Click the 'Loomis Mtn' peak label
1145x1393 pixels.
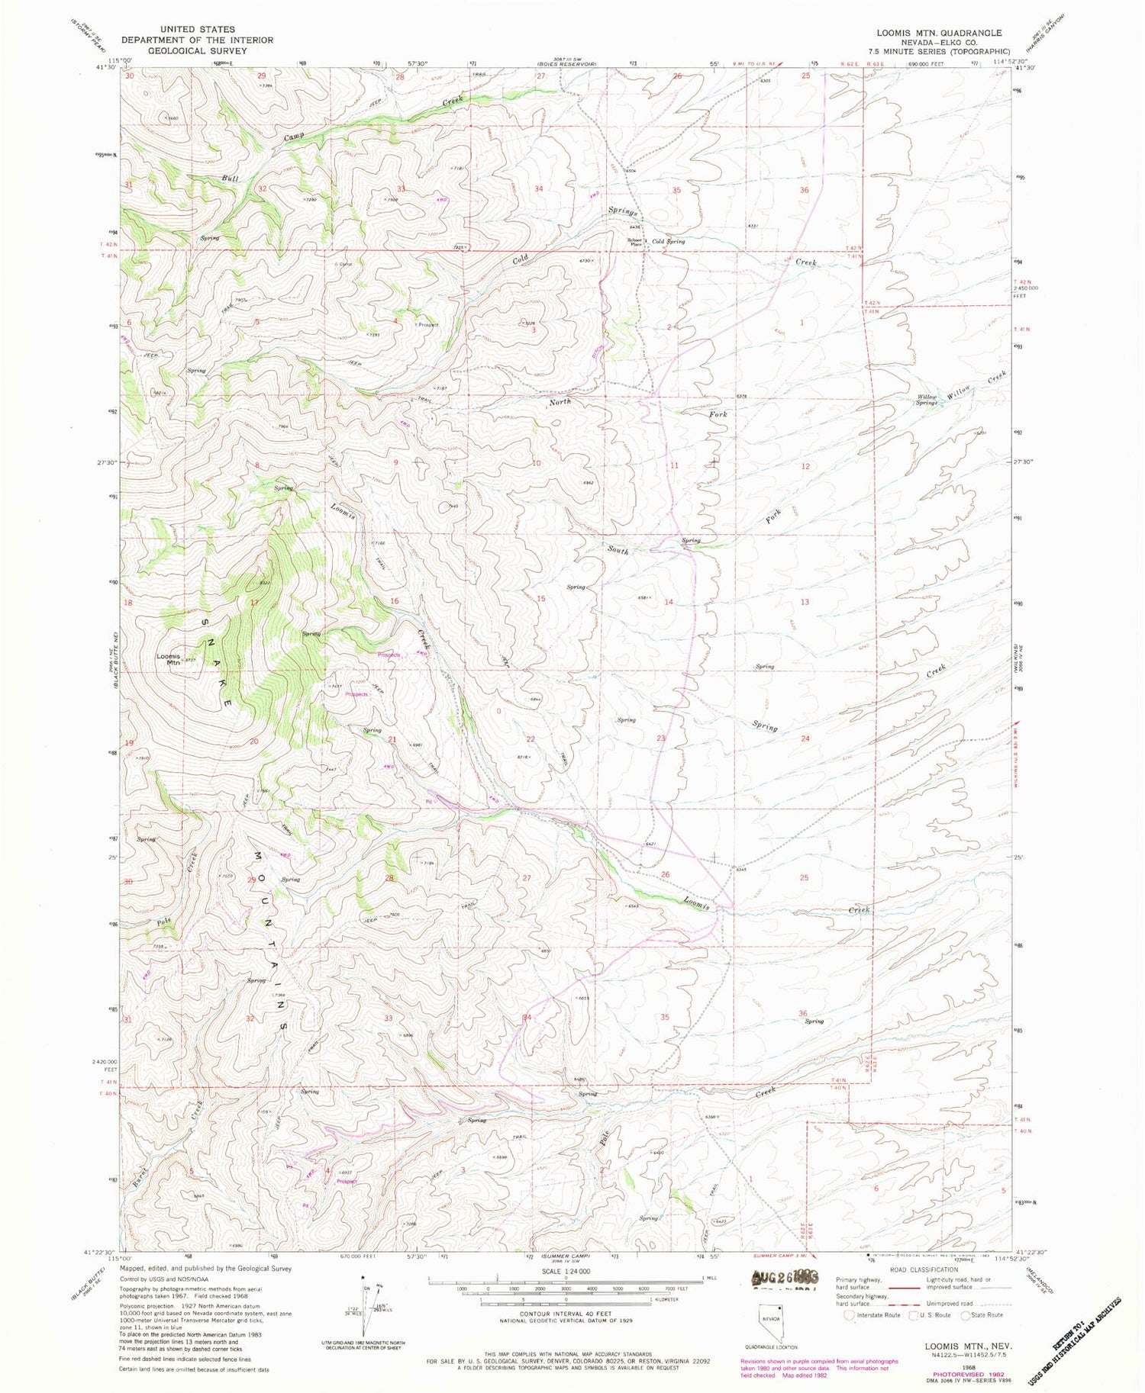(x=169, y=659)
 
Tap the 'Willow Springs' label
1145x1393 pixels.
(x=927, y=400)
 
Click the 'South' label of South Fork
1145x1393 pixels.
(x=618, y=549)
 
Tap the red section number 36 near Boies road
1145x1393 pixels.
(x=804, y=190)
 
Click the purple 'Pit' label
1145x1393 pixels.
(x=429, y=801)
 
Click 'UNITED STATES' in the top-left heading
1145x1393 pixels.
(x=188, y=30)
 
